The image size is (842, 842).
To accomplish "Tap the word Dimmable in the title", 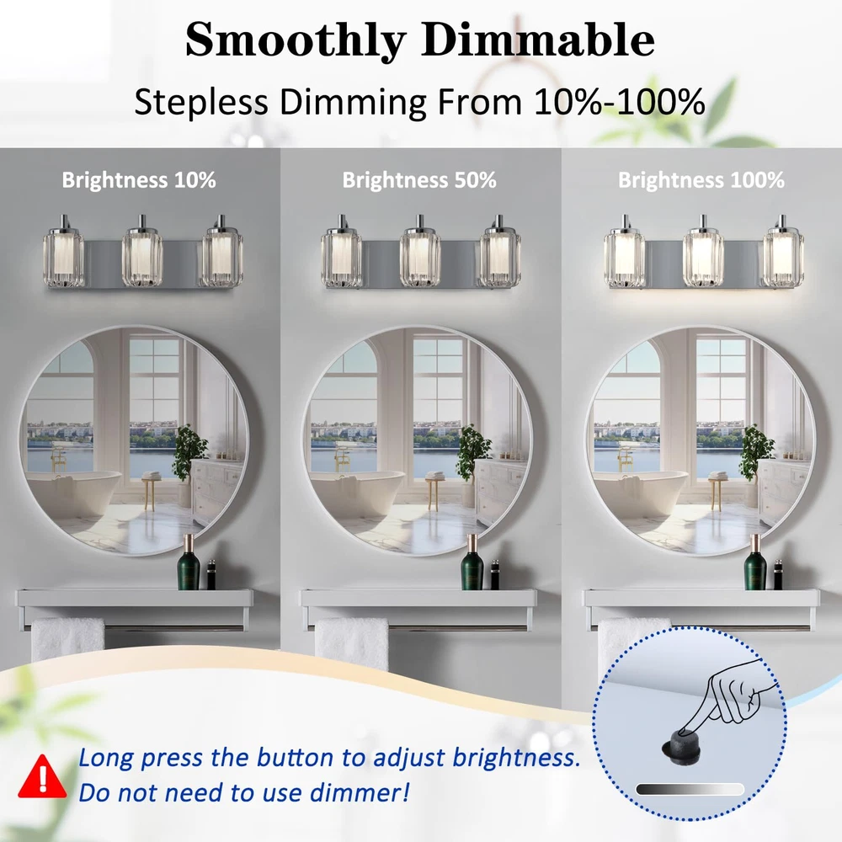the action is click(537, 40).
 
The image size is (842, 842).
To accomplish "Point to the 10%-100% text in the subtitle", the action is click(619, 101).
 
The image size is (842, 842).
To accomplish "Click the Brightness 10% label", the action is click(139, 180).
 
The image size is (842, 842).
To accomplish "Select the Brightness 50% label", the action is click(419, 180).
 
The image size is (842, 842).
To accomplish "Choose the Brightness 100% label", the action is click(701, 180).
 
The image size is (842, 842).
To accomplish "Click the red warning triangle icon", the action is click(42, 776).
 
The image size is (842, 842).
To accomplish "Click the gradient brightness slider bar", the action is click(690, 789).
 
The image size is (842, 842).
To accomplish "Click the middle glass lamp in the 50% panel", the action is click(420, 251).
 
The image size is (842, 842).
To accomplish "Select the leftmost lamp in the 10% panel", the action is click(63, 251).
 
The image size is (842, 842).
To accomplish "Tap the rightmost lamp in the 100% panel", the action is click(783, 251).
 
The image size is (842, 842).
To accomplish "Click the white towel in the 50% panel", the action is click(352, 644).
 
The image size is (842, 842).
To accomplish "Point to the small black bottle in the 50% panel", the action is click(494, 574).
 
